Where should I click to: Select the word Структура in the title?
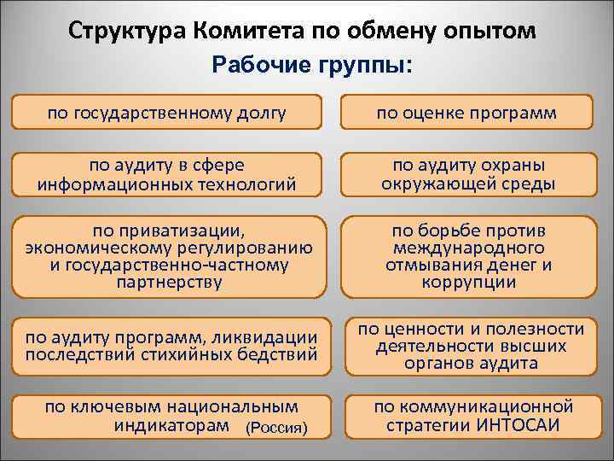(128, 32)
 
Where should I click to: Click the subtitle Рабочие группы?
(310, 66)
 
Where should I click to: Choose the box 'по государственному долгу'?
(167, 112)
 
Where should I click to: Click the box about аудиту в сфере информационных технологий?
(167, 173)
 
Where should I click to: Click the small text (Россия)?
(275, 426)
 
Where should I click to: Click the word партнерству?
(167, 283)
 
